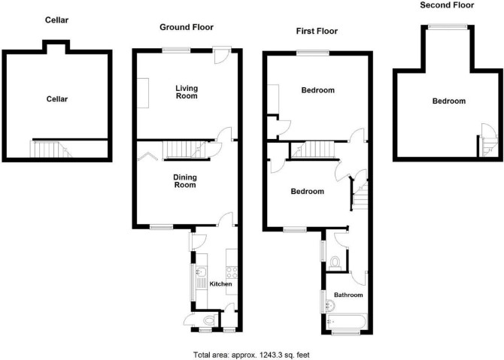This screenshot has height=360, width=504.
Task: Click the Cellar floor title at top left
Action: [56, 20]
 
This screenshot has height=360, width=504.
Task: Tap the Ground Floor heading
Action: [187, 27]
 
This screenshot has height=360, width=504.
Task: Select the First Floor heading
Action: [317, 31]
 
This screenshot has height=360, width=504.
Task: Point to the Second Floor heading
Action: [447, 5]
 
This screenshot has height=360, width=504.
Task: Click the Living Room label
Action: [187, 92]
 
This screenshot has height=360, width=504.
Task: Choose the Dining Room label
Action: [185, 181]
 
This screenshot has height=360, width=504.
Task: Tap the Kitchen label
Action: [220, 284]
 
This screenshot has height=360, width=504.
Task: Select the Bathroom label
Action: [348, 295]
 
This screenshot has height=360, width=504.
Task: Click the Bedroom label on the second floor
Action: [449, 101]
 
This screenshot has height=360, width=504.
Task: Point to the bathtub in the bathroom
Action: [347, 321]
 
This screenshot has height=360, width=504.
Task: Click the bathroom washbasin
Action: [330, 305]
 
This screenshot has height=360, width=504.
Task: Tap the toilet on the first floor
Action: [335, 262]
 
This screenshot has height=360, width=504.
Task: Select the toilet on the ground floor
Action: [209, 320]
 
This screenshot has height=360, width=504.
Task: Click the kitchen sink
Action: [201, 272]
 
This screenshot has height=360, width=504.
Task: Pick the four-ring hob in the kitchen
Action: [232, 273]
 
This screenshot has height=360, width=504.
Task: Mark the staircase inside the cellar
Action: [51, 149]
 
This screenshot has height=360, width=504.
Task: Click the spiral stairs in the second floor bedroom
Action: [488, 141]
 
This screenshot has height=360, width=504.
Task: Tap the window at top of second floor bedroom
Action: [447, 27]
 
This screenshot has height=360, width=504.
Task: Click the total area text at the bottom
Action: [251, 355]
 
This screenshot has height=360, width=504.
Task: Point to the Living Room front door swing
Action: [221, 56]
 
